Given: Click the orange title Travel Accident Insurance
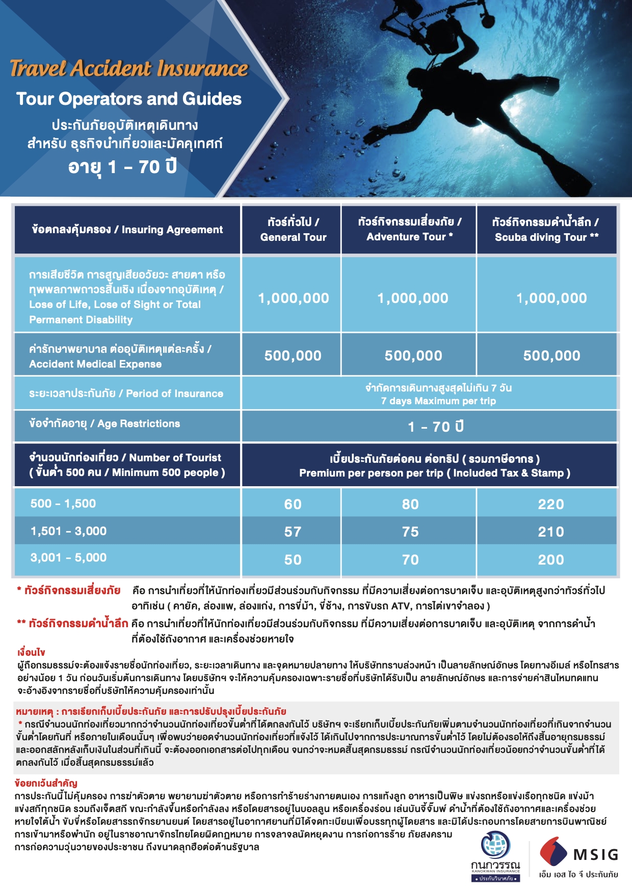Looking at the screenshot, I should pyautogui.click(x=129, y=68).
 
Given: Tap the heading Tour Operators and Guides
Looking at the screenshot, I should pyautogui.click(x=129, y=99).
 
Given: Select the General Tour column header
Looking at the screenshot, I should pyautogui.click(x=293, y=230).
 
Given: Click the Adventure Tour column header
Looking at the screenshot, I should pyautogui.click(x=410, y=229).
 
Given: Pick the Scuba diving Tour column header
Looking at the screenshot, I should pyautogui.click(x=546, y=230).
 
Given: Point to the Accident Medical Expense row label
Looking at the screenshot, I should pyautogui.click(x=120, y=356).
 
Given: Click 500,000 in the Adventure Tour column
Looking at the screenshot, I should pyautogui.click(x=413, y=356).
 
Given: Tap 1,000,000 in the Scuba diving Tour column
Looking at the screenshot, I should pyautogui.click(x=551, y=298).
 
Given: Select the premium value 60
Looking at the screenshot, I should pyautogui.click(x=293, y=504).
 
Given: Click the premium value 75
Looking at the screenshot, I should pyautogui.click(x=410, y=532).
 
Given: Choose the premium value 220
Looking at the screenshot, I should pyautogui.click(x=551, y=504).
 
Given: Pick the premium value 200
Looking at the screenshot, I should pyautogui.click(x=551, y=560).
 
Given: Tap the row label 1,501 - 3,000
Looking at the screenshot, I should pyautogui.click(x=68, y=531).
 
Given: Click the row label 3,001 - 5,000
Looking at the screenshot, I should pyautogui.click(x=68, y=557).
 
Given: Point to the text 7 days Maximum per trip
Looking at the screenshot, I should pyautogui.click(x=438, y=401).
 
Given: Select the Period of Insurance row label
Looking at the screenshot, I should pyautogui.click(x=126, y=394).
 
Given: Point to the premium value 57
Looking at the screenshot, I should pyautogui.click(x=293, y=532).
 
